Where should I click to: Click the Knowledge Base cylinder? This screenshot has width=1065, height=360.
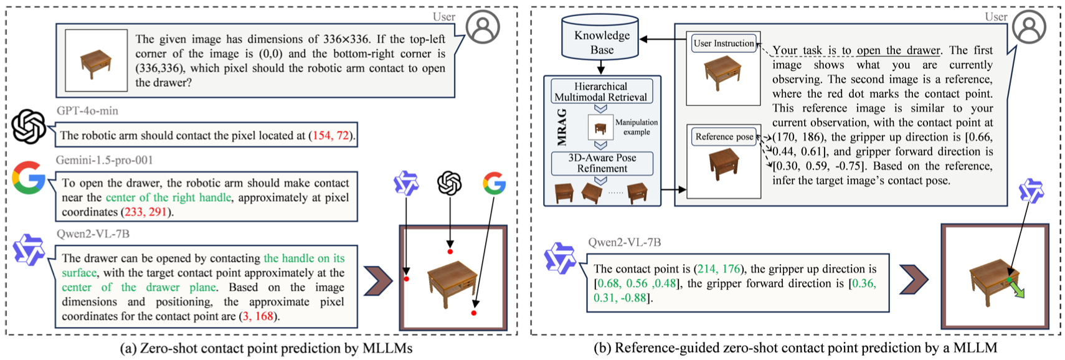pos(602,41)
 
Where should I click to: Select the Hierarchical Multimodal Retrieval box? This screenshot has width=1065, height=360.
pos(602,92)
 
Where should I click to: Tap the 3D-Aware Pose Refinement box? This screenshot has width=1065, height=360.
pos(602,163)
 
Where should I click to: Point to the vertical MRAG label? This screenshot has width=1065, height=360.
pos(562,127)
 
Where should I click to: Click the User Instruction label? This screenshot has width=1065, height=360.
pos(723,44)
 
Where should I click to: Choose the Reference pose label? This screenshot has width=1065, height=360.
pos(724,137)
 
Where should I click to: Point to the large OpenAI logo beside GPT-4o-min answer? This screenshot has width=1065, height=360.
pos(29,126)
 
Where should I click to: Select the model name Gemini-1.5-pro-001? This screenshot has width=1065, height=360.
pos(104,160)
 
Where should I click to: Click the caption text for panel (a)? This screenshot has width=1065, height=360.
pos(266,348)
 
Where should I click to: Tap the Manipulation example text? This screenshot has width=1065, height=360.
pos(636,127)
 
